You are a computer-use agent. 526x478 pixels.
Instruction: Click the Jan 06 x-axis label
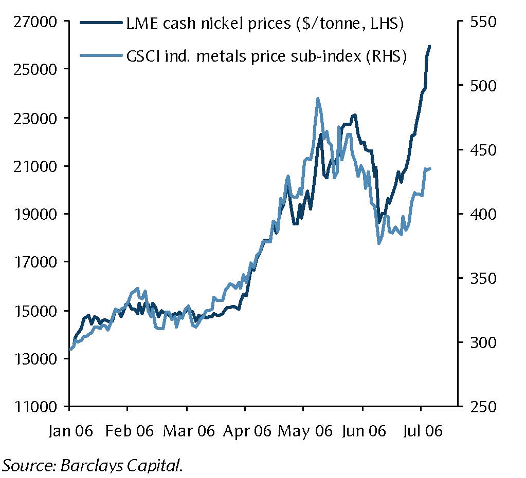70,431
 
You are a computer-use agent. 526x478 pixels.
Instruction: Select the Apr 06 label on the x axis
246,431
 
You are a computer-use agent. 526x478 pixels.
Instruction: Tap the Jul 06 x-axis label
422,431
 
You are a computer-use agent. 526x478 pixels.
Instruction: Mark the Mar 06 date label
188,431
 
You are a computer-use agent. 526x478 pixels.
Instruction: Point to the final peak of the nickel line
429,46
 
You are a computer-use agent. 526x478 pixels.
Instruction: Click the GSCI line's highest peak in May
318,99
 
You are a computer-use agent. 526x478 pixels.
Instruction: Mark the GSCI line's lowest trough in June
379,243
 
